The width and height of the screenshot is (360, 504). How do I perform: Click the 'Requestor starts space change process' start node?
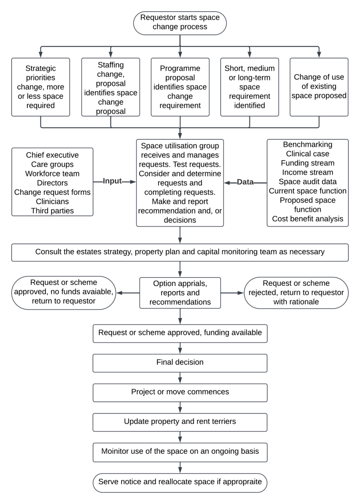[x=180, y=22]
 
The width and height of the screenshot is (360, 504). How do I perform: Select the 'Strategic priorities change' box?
[x=40, y=87]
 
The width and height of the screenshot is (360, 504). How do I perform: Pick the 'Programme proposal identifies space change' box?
[x=180, y=87]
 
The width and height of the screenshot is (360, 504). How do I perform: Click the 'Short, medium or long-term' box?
[x=249, y=87]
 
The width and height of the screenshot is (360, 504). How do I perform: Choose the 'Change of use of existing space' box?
[x=319, y=87]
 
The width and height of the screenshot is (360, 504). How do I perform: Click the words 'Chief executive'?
[x=52, y=155]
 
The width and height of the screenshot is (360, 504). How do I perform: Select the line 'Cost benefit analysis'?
[x=307, y=219]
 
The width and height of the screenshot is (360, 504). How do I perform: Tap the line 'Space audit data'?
[x=307, y=181]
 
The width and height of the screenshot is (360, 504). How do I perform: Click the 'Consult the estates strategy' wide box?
[x=180, y=252]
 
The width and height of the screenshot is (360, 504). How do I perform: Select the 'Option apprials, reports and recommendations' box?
[x=180, y=293]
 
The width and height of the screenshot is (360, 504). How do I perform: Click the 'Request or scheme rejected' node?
[x=296, y=292]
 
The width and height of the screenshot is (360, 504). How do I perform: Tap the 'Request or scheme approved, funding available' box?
[x=180, y=333]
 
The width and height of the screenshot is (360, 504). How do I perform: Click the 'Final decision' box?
[x=180, y=363]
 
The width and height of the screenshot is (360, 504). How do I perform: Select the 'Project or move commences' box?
[x=180, y=392]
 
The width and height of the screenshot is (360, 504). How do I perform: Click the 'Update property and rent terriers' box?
[x=180, y=422]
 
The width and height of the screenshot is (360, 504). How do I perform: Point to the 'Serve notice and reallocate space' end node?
[x=180, y=482]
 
